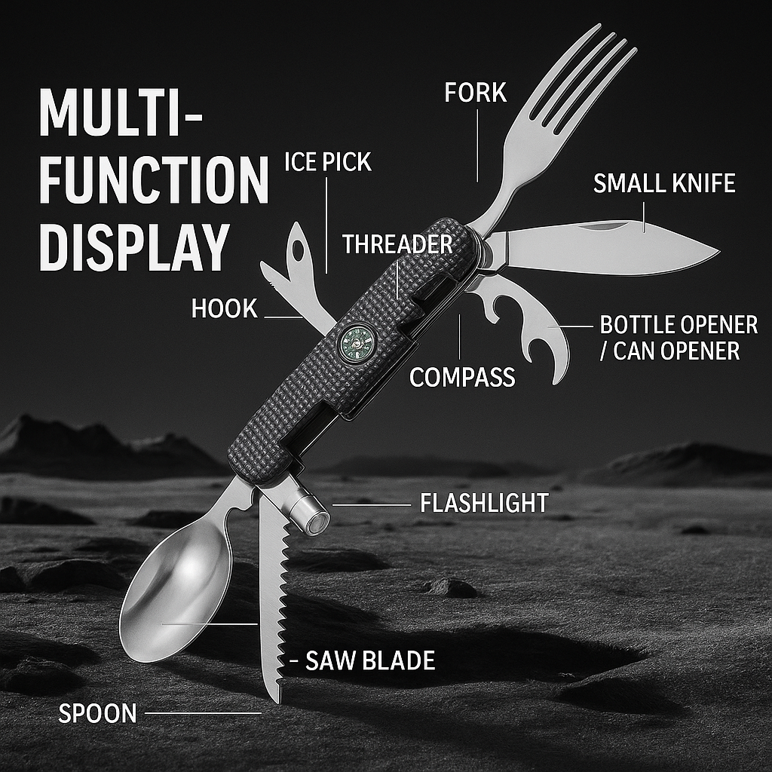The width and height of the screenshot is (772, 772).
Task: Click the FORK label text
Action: click(475, 93)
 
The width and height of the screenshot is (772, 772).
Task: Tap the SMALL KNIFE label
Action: click(663, 183)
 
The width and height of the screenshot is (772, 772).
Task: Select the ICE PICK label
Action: click(327, 161)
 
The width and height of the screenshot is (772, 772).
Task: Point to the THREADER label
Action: click(397, 244)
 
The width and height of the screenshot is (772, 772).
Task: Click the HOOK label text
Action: click(224, 308)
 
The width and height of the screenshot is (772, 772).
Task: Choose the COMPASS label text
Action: click(462, 377)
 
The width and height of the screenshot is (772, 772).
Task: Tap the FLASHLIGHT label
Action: click(483, 503)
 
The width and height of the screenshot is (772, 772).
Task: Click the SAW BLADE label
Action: click(369, 661)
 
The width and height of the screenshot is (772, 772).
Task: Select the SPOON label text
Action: click(97, 713)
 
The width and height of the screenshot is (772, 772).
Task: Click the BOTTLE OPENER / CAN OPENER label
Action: click(679, 338)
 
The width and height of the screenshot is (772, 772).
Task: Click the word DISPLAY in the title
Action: click(133, 245)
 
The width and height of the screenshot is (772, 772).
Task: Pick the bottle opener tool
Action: click(528, 324)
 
